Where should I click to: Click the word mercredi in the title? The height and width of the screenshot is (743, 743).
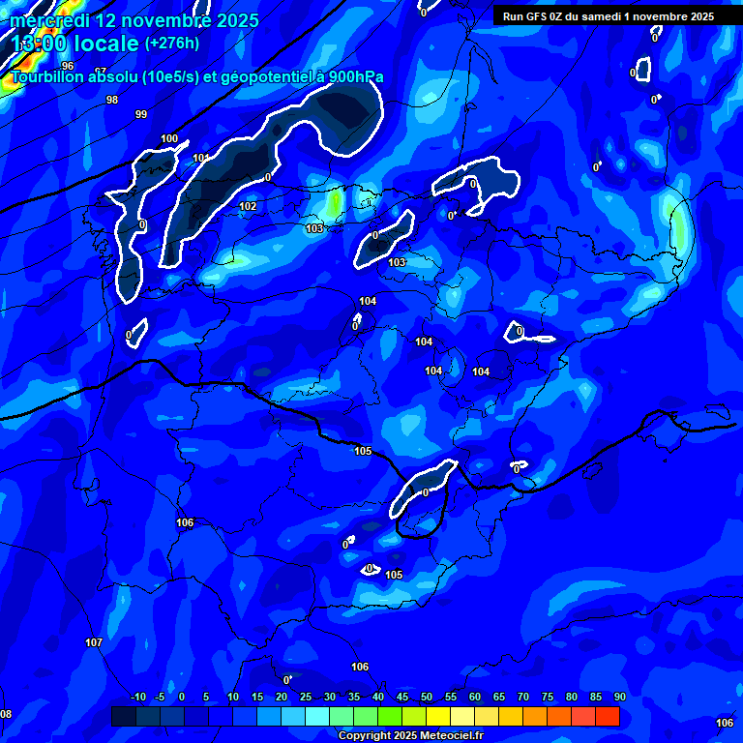point(50,20)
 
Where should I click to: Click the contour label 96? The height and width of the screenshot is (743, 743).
point(68,66)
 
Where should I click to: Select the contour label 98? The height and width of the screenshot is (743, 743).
point(112,100)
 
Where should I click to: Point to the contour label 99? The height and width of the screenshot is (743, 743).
point(141,114)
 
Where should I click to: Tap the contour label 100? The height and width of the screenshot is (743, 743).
point(169,138)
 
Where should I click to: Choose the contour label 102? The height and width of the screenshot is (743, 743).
point(248,206)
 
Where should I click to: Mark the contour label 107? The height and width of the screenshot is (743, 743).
point(94,642)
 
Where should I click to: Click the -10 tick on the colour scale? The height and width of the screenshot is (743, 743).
point(137,698)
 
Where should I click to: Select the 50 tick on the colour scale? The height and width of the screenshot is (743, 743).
point(427,698)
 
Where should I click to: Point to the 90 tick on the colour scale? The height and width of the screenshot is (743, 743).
point(619,698)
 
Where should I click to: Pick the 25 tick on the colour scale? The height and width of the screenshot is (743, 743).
point(306,698)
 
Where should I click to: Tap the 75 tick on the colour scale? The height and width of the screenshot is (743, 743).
point(548,698)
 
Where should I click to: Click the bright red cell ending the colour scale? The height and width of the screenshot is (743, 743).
point(607,716)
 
